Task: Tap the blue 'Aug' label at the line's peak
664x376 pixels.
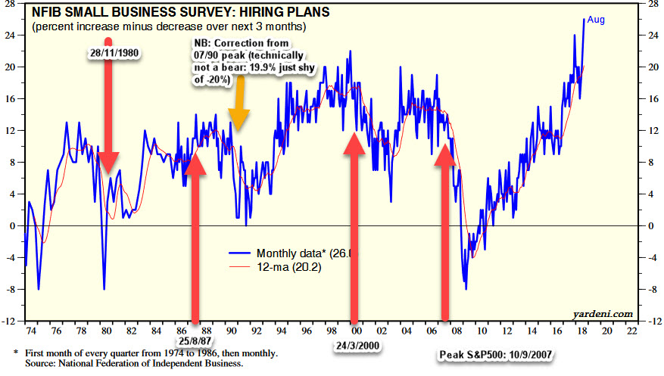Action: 596,20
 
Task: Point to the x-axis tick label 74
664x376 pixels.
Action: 31,331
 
